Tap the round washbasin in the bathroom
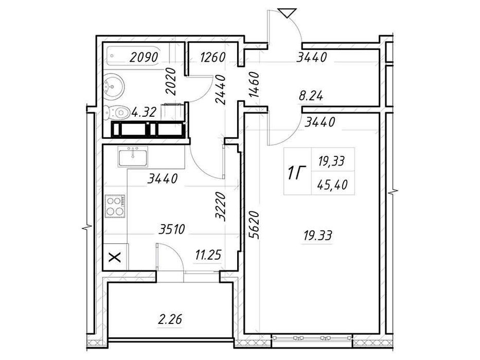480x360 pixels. tap(114, 86)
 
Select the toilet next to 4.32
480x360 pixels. tap(116, 113)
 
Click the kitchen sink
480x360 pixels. tap(133, 156)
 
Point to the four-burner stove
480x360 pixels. tap(115, 206)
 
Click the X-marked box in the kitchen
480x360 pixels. tap(115, 257)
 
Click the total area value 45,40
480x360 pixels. tap(332, 185)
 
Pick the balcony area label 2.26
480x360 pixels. tap(170, 319)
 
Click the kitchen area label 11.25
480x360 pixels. tap(208, 255)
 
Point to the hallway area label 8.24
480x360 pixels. tap(311, 97)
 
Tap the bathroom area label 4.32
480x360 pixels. tap(144, 112)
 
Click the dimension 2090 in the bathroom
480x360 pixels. tap(144, 57)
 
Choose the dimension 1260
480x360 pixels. tap(213, 57)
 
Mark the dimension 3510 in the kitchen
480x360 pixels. tap(172, 229)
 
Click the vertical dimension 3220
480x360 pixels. tap(221, 206)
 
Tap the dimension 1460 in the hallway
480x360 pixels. tap(254, 84)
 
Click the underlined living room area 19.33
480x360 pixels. tap(318, 236)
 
